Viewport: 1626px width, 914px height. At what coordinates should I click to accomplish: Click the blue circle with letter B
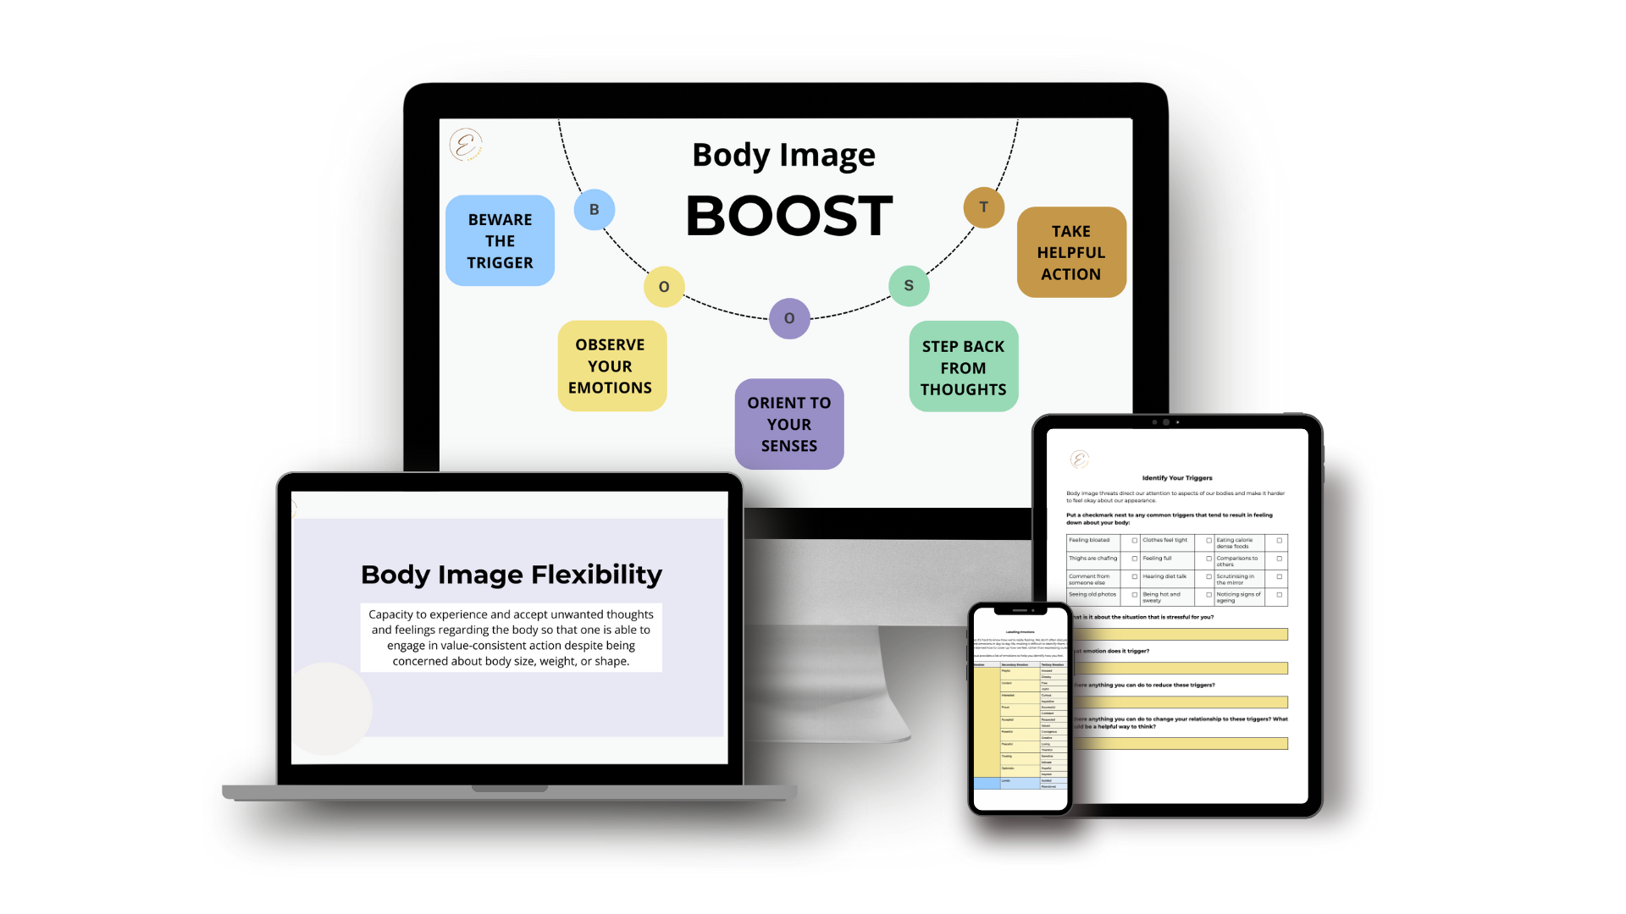(595, 209)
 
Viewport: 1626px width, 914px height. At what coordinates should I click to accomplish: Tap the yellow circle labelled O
(664, 287)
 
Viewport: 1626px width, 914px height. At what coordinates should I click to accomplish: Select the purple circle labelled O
(789, 318)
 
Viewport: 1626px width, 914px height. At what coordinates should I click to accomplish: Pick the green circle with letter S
(909, 286)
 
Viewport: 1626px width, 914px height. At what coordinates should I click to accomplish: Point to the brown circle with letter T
(983, 207)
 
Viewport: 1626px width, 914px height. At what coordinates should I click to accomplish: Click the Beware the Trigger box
(500, 241)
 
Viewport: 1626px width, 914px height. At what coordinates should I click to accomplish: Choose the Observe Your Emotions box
(611, 366)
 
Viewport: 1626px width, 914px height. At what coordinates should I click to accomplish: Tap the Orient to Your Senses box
(789, 424)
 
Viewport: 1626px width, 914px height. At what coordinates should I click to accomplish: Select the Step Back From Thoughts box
(963, 367)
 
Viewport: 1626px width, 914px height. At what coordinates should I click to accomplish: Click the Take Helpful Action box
(1071, 252)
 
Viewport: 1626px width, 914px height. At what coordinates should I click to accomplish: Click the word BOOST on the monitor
(788, 216)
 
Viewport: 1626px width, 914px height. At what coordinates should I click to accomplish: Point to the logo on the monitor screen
(466, 145)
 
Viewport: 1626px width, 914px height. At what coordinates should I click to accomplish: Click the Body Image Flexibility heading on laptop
(512, 575)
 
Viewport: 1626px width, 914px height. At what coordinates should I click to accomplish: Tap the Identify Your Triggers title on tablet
(1177, 478)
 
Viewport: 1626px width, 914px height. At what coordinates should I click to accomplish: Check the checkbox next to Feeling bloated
(1135, 541)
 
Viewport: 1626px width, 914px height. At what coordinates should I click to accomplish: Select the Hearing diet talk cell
(1165, 577)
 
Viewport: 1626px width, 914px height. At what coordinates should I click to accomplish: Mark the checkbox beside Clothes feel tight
(1208, 541)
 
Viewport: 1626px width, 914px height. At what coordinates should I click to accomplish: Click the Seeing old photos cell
(1092, 595)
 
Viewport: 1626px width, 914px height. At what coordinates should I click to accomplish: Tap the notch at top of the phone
(1020, 610)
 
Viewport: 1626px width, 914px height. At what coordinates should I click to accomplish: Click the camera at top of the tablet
(1166, 421)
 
